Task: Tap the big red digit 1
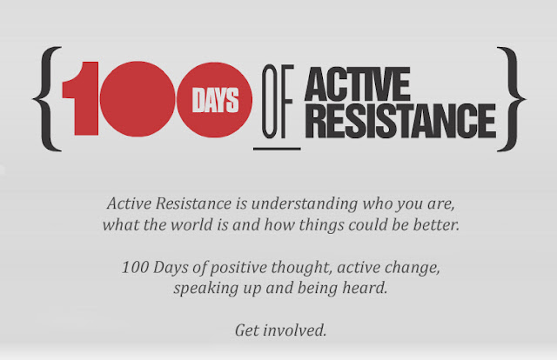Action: pos(81,98)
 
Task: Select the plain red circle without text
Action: pos(138,99)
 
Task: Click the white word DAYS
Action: pos(215,100)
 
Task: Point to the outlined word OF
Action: pos(278,102)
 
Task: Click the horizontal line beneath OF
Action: pos(277,149)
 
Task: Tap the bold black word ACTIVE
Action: pos(358,84)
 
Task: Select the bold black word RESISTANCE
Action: pos(400,121)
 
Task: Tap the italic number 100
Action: pos(135,267)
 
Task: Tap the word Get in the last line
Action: pos(246,330)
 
